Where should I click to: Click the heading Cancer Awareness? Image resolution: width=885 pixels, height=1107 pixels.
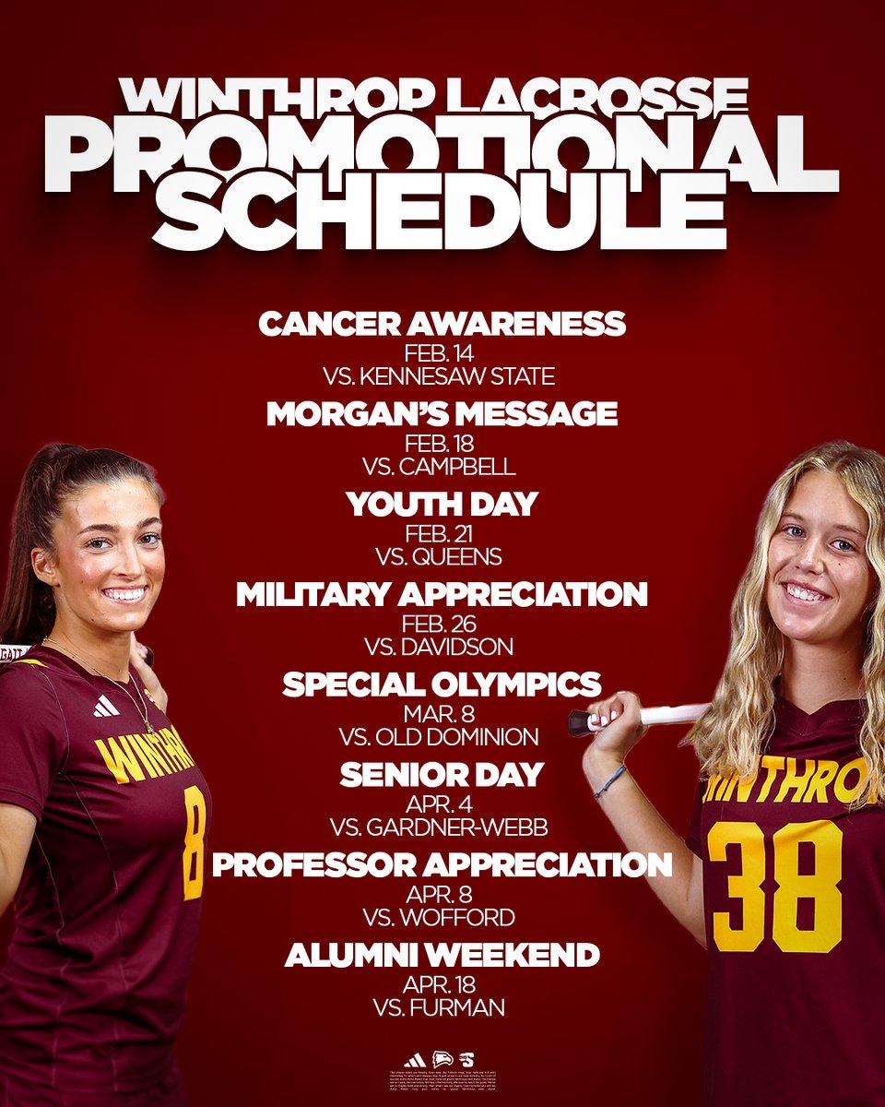(x=442, y=324)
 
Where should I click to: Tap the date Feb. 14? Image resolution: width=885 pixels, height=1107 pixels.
(x=442, y=354)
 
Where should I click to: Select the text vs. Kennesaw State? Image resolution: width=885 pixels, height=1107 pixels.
(x=442, y=376)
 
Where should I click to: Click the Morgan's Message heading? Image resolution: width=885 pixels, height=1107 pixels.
(x=442, y=414)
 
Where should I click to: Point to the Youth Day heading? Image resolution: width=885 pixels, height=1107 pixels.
(x=442, y=505)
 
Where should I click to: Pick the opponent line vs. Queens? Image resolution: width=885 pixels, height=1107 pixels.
(x=442, y=557)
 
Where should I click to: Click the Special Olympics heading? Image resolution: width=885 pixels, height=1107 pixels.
(x=442, y=684)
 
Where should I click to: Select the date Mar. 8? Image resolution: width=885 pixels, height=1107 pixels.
(x=442, y=715)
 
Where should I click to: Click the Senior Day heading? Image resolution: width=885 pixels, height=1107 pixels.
(x=442, y=775)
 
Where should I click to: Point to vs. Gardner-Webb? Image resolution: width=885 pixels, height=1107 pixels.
(x=442, y=827)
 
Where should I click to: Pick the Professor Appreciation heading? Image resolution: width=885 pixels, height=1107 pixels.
(x=442, y=865)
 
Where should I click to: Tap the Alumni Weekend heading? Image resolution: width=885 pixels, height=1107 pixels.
(x=442, y=955)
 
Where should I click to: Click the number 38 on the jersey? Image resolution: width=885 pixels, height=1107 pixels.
(x=774, y=886)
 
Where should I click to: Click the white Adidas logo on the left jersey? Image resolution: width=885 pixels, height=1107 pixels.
(x=106, y=706)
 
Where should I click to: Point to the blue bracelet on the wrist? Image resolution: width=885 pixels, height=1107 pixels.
(x=609, y=782)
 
